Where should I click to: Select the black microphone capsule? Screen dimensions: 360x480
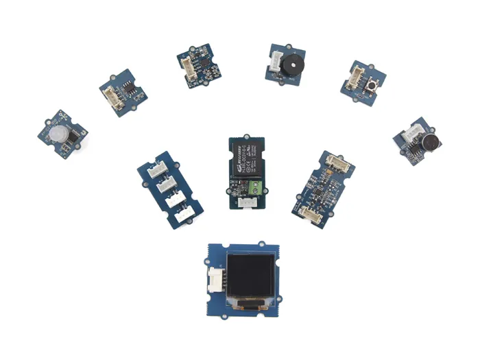click(431, 142)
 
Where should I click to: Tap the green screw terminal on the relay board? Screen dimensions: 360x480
click(254, 185)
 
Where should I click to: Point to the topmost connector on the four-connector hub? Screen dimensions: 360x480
click(158, 169)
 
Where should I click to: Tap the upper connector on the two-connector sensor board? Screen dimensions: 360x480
click(337, 162)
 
